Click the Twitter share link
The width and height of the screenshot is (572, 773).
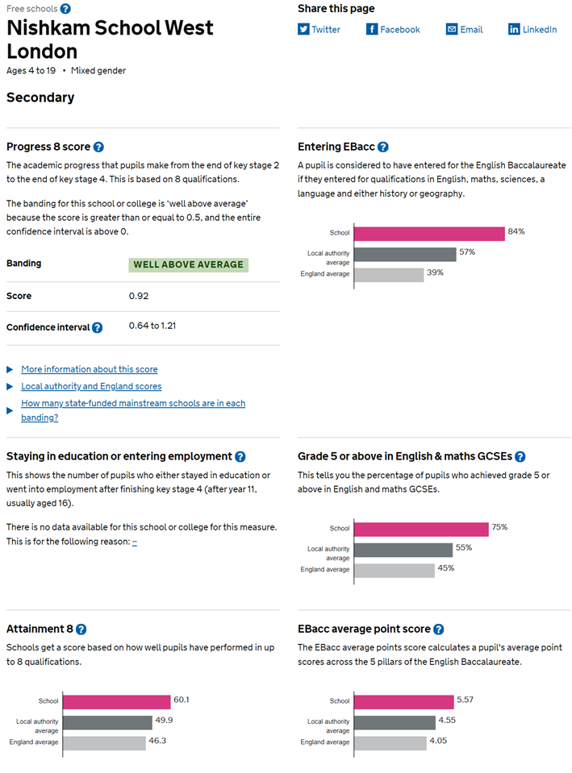click(319, 30)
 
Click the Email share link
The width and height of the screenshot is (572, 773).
click(465, 30)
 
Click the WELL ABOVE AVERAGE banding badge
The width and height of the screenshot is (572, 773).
click(188, 264)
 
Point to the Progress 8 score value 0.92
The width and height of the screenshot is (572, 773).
click(139, 296)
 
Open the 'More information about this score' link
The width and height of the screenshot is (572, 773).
click(90, 369)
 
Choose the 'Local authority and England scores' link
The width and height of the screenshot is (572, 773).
click(91, 386)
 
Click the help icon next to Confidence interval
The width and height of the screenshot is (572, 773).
click(97, 327)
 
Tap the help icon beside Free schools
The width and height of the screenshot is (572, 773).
click(65, 9)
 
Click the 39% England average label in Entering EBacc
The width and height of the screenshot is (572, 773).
click(436, 272)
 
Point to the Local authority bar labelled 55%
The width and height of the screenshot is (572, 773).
click(403, 550)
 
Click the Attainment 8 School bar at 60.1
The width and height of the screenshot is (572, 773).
click(116, 701)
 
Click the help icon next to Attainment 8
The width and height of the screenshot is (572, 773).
click(81, 630)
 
